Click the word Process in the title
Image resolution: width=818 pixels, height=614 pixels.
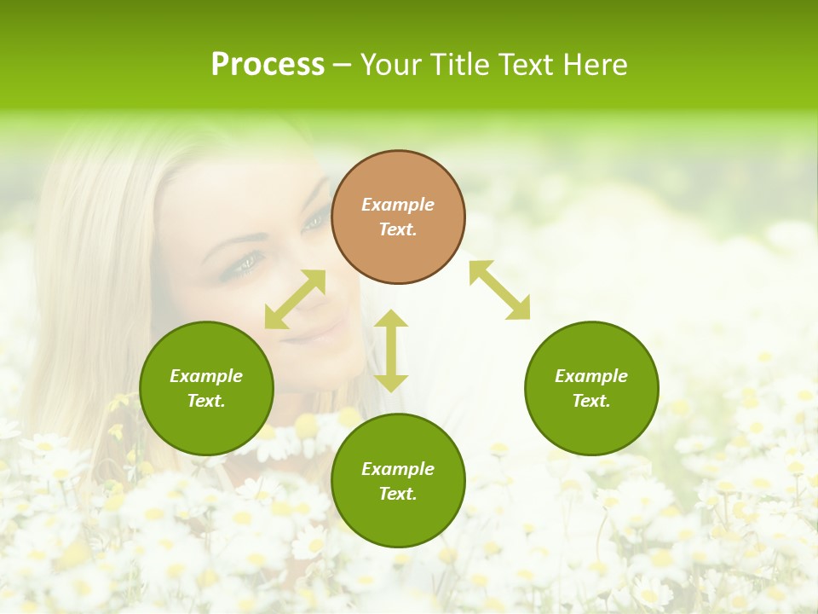(x=268, y=65)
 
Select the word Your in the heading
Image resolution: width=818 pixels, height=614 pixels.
(x=393, y=65)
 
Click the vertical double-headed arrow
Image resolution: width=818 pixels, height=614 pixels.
(x=391, y=350)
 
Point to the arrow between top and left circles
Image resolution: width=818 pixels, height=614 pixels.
(x=295, y=299)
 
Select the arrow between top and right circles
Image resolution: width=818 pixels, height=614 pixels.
(x=499, y=290)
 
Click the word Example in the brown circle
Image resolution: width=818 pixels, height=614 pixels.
(x=398, y=205)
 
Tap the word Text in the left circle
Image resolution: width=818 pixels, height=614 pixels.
(x=206, y=401)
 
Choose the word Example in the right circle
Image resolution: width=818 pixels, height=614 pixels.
(x=591, y=376)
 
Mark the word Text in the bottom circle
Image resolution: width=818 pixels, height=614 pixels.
(x=398, y=494)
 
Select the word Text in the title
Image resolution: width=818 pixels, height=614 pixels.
(x=526, y=65)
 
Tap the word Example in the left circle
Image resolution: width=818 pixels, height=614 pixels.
(x=206, y=376)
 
